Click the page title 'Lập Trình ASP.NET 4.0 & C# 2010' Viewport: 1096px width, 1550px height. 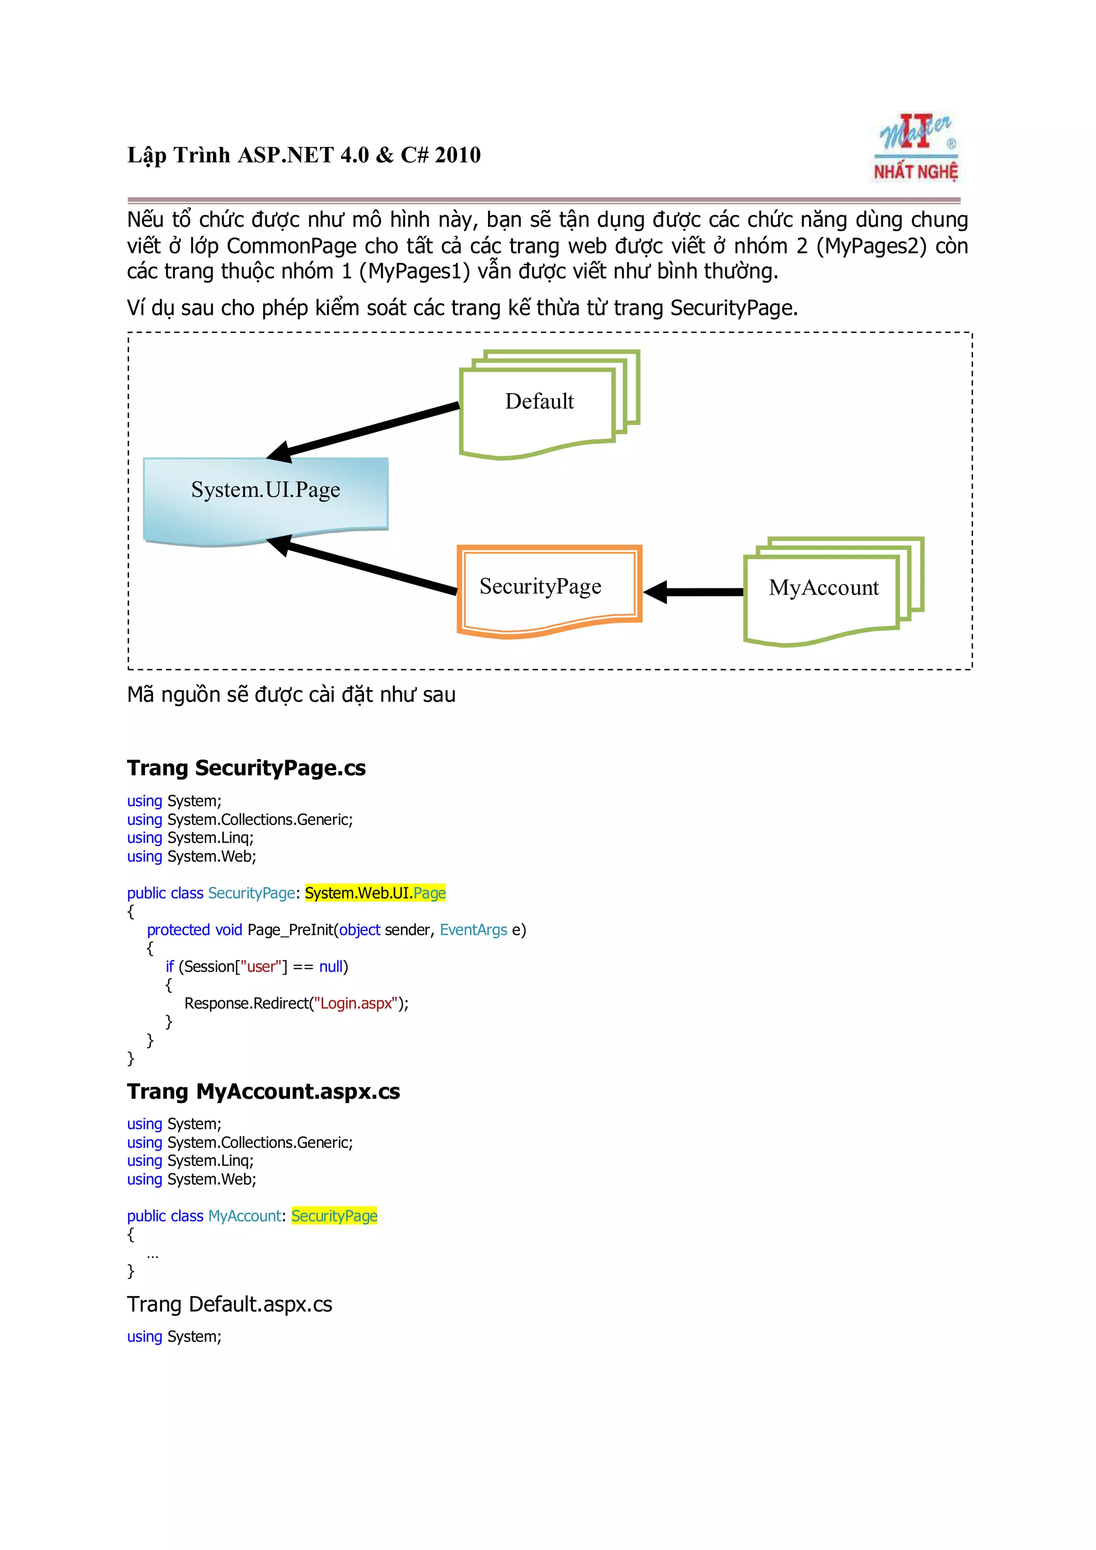point(304,155)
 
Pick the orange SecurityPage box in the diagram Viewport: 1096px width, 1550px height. point(549,589)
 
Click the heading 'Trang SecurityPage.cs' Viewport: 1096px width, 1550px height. point(247,768)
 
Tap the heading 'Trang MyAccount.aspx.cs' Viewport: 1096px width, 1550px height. point(263,1092)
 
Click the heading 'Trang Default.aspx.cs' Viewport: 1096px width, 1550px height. point(230,1305)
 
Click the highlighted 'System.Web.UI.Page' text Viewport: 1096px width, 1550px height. point(375,893)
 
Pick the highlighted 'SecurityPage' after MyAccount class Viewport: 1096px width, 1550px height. point(334,1216)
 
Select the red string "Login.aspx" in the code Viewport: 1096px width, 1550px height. point(356,1003)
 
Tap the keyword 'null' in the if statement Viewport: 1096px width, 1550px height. point(331,966)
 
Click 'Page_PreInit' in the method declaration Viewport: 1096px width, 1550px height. point(291,930)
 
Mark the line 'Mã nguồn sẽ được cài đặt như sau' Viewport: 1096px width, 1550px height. point(291,695)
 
